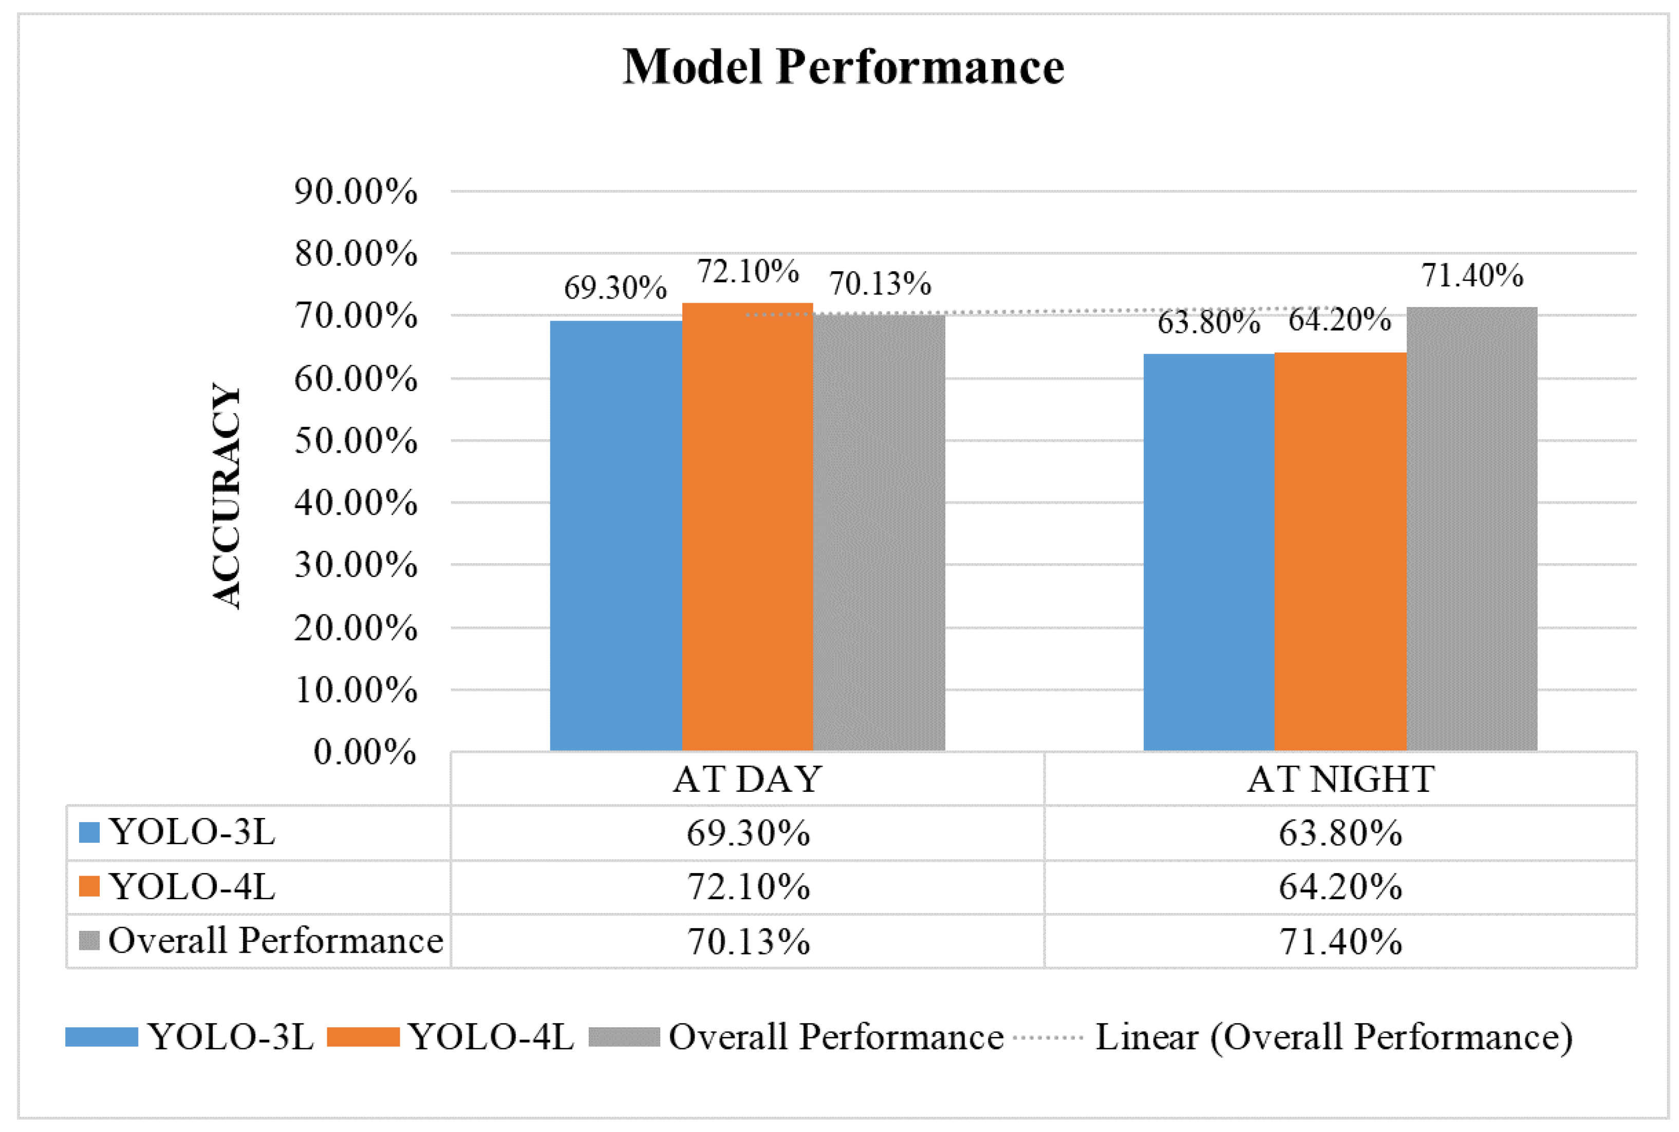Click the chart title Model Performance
843,67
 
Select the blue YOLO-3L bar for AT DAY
615,534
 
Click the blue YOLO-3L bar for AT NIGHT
1208,552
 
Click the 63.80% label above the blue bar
1208,322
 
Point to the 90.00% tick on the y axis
355,192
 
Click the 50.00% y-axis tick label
355,441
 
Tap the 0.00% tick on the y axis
365,752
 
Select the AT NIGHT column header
1340,780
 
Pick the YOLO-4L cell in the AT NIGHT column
1340,886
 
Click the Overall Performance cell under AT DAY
748,941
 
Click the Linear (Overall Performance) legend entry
1333,1037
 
